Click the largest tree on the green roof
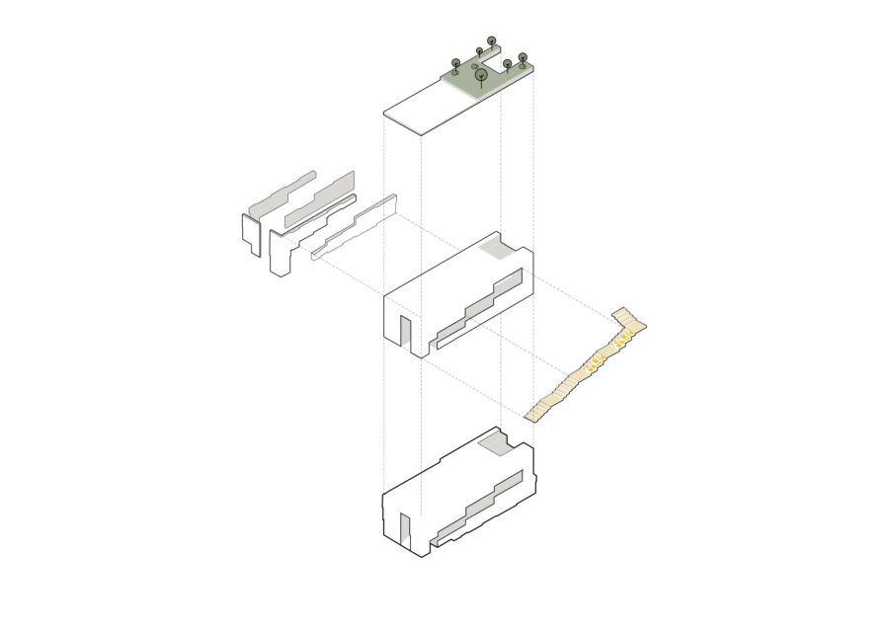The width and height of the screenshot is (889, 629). (x=481, y=74)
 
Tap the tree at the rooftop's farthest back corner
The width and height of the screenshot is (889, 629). (x=492, y=41)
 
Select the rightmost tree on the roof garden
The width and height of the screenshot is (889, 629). (x=523, y=58)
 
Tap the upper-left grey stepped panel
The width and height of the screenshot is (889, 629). (x=283, y=193)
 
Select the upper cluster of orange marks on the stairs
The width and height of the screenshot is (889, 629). (x=625, y=341)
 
